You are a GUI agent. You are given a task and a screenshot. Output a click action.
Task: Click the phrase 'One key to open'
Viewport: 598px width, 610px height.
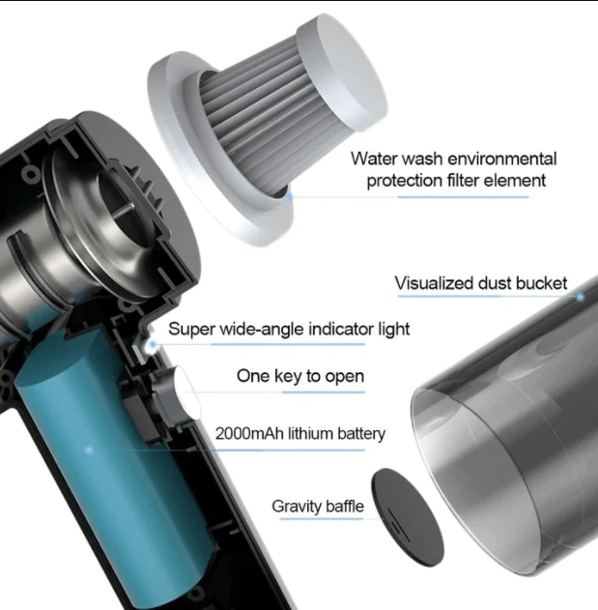300,376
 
